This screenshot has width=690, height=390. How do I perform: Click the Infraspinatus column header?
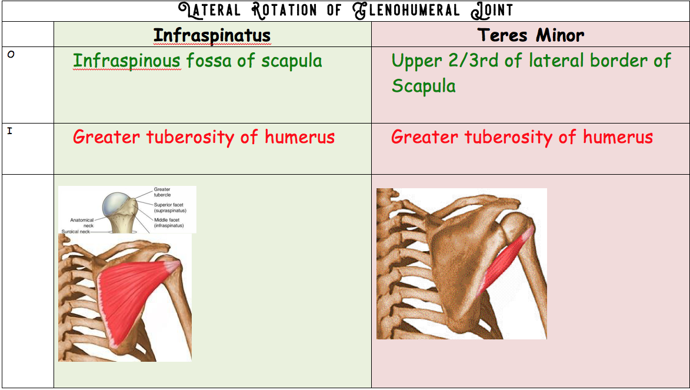(x=212, y=35)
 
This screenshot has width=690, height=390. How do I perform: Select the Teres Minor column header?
(x=531, y=35)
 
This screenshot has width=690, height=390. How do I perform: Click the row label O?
(x=10, y=55)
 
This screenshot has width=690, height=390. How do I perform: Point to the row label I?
(x=9, y=131)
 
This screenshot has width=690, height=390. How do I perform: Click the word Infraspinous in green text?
(x=126, y=61)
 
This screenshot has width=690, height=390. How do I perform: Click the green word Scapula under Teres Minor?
(x=424, y=86)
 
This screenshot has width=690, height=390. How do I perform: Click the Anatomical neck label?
(x=82, y=222)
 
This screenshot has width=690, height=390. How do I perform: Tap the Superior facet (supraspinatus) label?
(x=170, y=208)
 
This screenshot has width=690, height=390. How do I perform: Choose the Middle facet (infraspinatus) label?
(x=169, y=222)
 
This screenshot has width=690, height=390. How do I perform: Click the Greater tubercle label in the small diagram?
(x=162, y=192)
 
